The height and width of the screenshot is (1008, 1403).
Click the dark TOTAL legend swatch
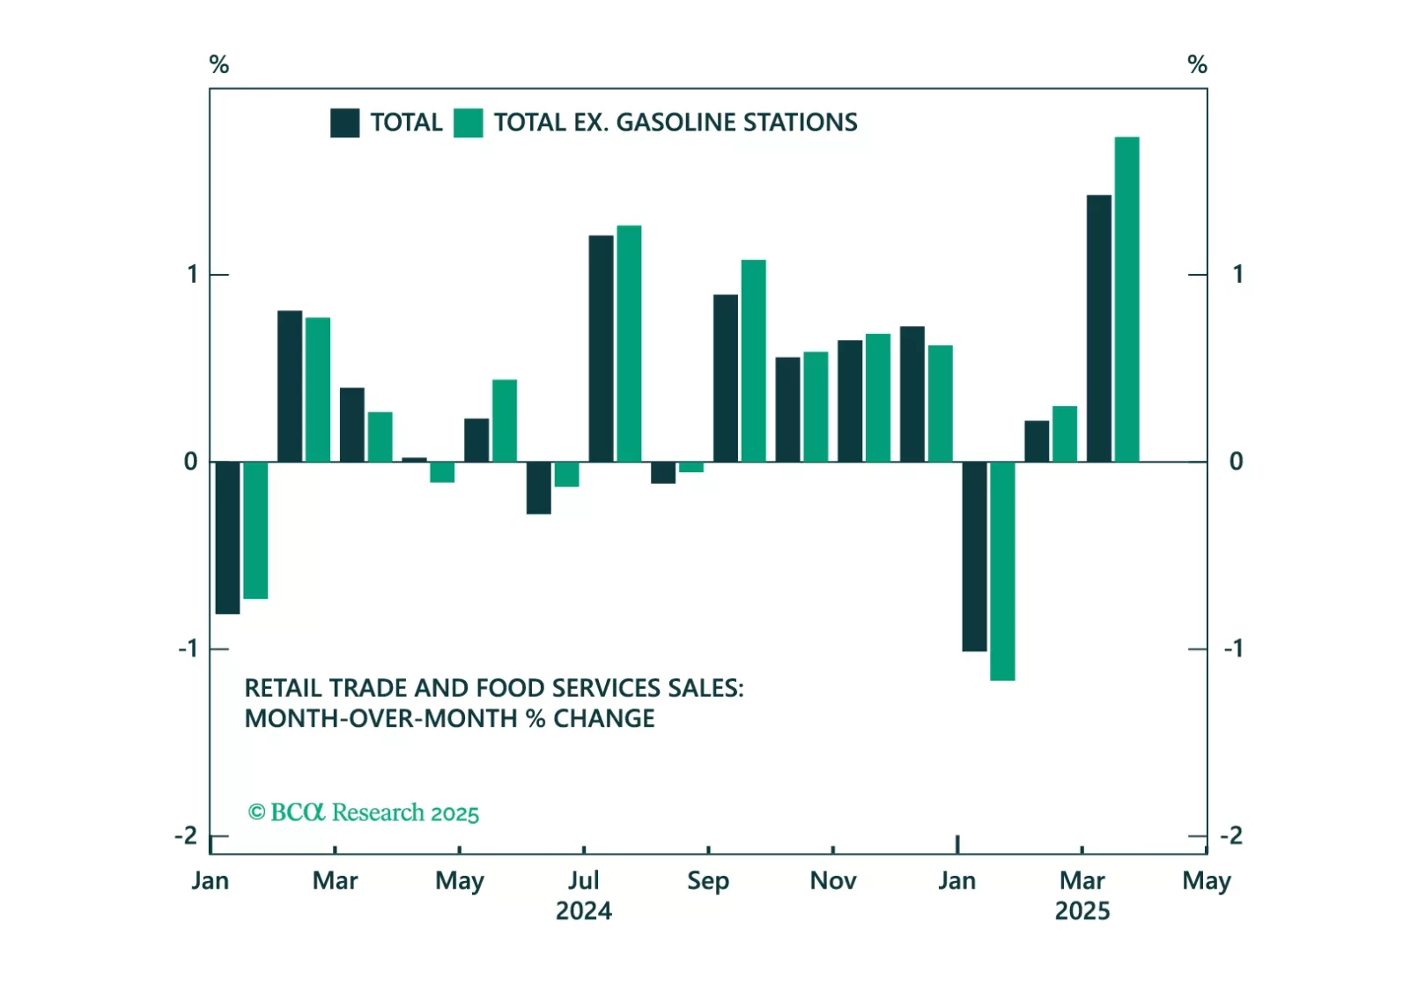344,123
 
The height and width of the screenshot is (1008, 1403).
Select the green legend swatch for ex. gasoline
468,123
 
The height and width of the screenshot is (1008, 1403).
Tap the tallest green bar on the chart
1126,300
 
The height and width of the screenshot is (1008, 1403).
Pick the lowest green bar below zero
1002,571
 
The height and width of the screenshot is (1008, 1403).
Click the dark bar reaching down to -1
974,556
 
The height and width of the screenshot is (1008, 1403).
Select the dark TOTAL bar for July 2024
601,348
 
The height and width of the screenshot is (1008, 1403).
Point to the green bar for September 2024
753,360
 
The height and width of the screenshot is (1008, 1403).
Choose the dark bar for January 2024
227,537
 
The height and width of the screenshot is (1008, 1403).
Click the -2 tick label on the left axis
186,835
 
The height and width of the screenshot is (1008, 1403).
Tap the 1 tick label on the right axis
1237,274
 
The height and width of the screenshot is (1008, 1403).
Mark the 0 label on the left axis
190,461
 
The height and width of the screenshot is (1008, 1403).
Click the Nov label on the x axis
832,880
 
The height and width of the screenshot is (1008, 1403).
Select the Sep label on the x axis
707,880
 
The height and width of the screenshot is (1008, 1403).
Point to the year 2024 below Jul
583,910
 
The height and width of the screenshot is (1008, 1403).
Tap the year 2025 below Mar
1082,910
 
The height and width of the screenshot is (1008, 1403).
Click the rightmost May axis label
1206,880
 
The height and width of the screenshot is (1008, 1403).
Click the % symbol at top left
218,64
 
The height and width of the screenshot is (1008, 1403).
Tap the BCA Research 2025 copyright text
364,812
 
